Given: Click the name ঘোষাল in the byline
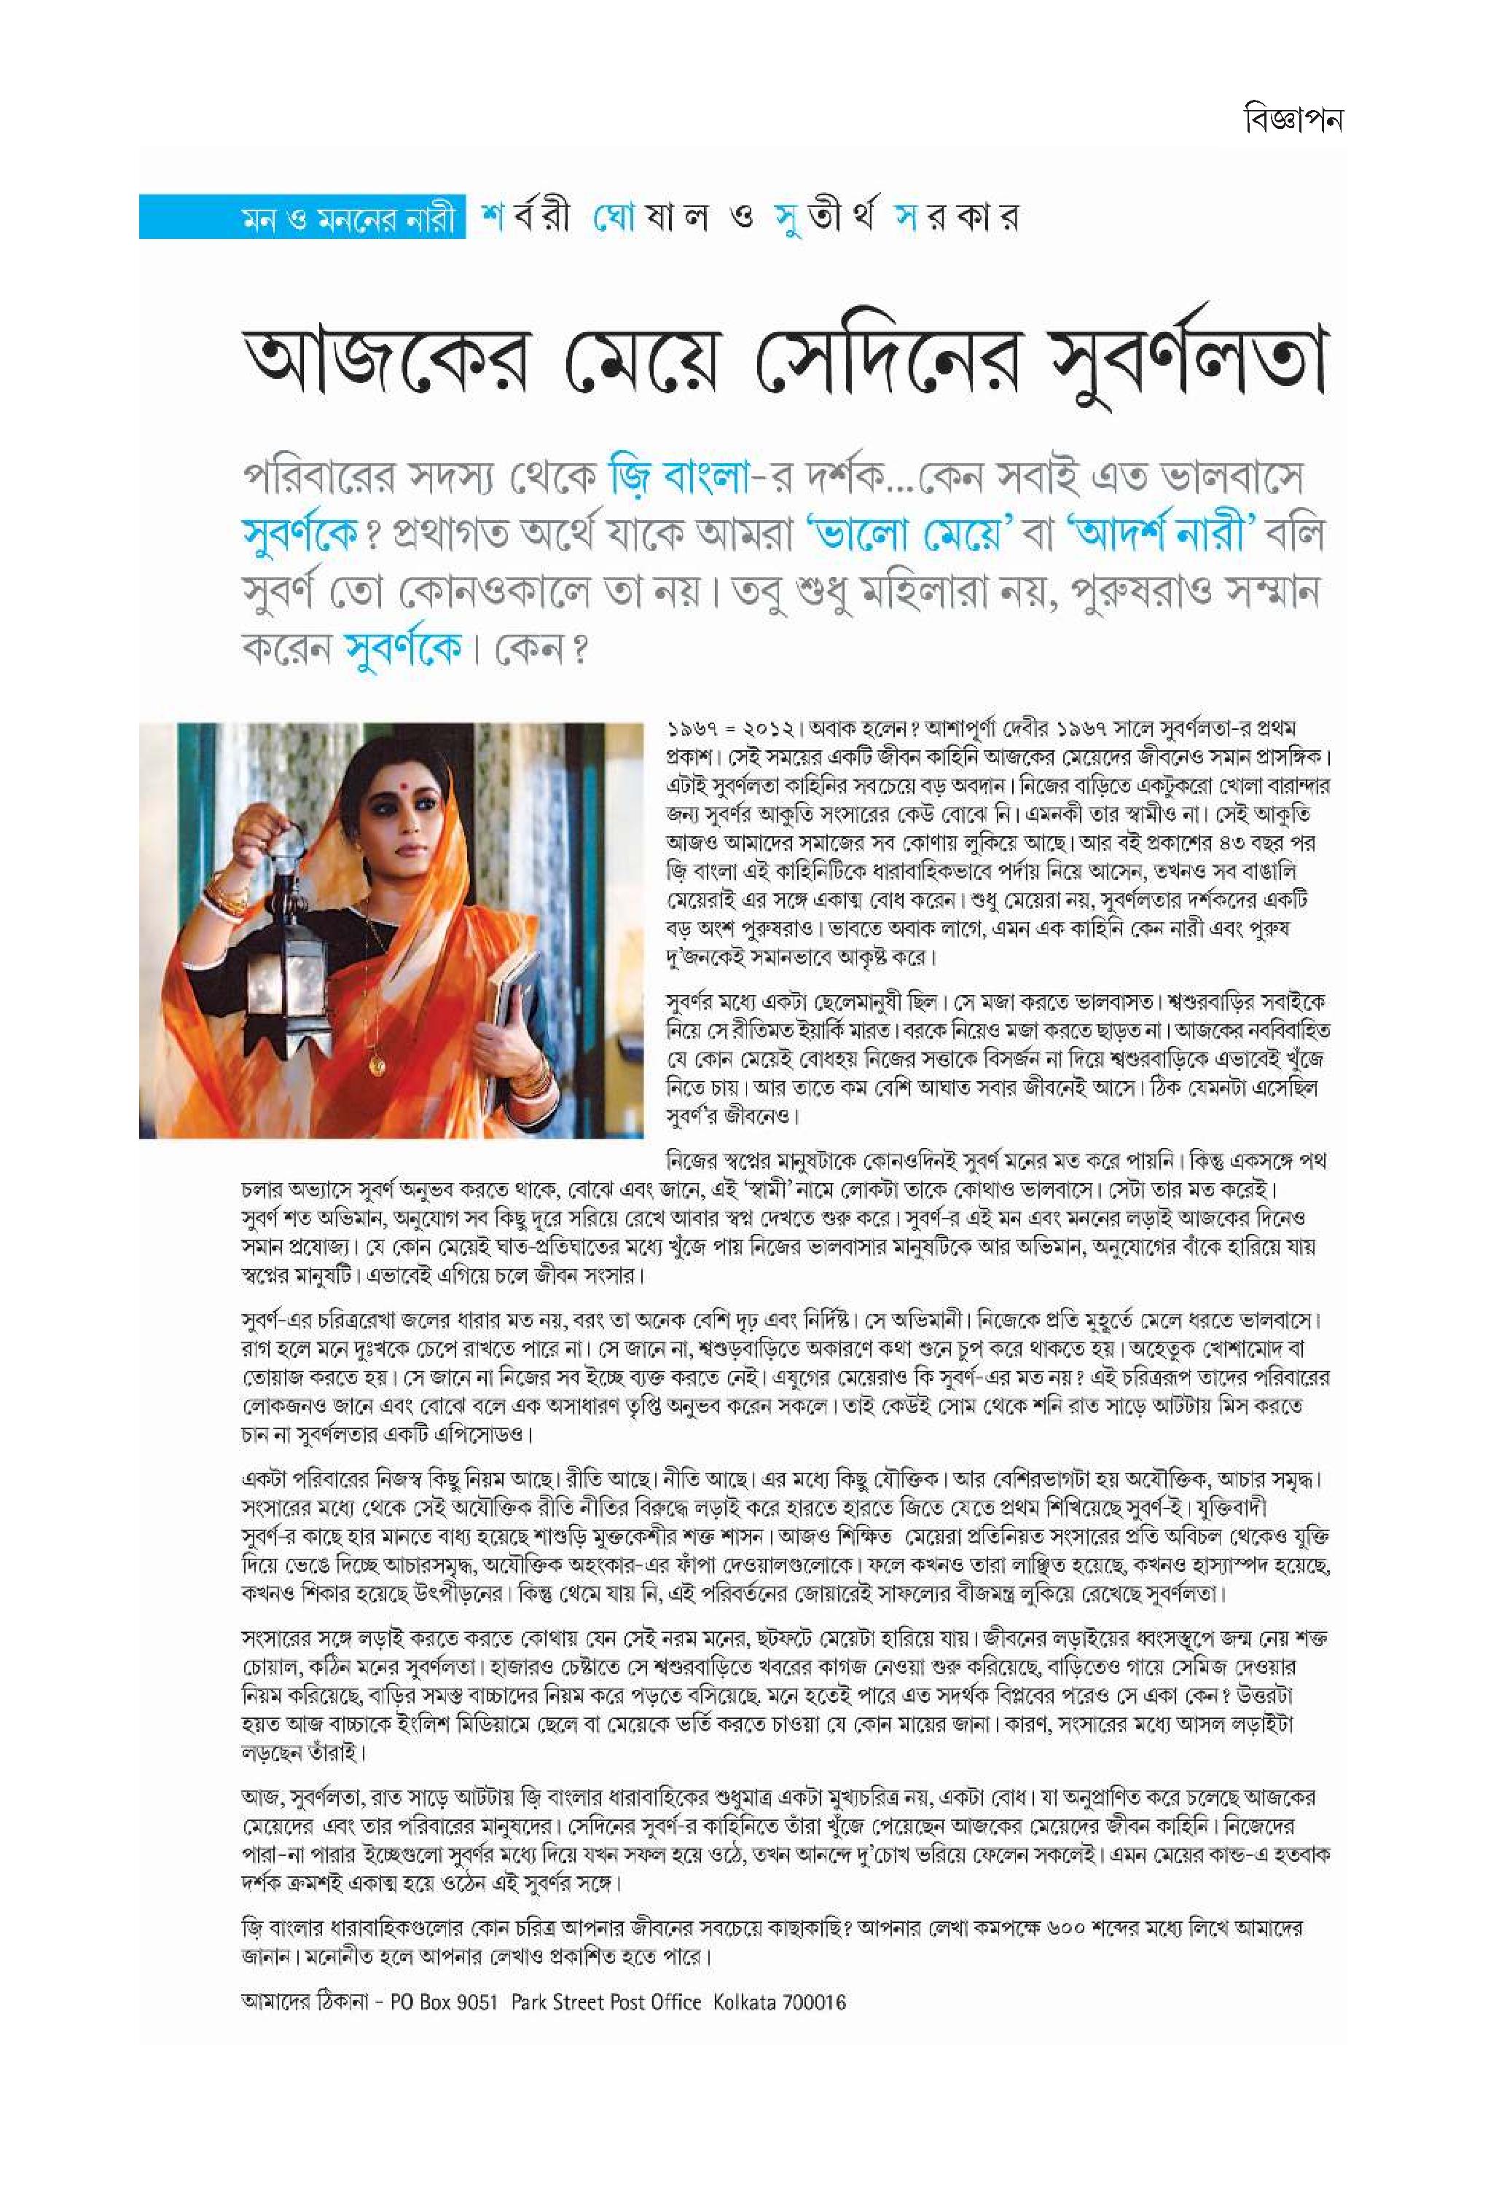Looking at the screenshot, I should click(x=649, y=219).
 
